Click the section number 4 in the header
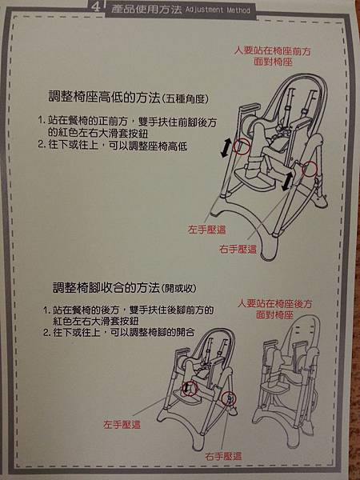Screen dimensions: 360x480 (96, 8)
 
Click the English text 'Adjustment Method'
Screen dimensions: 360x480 (218, 10)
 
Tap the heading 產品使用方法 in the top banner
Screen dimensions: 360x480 (146, 9)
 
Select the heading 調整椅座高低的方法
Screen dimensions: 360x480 (104, 97)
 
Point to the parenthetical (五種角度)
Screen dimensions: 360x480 (185, 99)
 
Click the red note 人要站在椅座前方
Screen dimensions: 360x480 (273, 51)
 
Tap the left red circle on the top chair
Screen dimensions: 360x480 (242, 146)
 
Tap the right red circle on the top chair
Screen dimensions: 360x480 (309, 168)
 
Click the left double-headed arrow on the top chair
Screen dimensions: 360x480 (226, 148)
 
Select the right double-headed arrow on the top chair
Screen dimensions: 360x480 (286, 181)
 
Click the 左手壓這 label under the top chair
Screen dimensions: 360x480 (207, 230)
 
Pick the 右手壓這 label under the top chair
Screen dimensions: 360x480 (238, 249)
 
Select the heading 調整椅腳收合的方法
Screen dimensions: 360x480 (106, 288)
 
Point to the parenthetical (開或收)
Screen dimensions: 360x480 (178, 289)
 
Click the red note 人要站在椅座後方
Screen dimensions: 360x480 (275, 304)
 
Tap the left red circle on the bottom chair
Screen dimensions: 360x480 (190, 389)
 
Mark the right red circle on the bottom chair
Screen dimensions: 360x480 (229, 398)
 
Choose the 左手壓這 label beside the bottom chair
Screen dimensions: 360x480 (122, 425)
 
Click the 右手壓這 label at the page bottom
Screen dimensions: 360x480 (223, 457)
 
